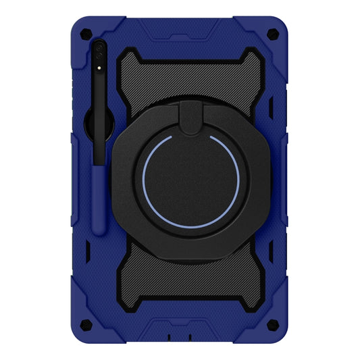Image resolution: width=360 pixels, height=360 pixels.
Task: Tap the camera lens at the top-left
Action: (x=100, y=49)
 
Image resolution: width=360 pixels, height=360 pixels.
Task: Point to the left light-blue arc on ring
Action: (x=144, y=181)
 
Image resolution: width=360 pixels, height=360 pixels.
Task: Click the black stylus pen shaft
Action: (x=99, y=122)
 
